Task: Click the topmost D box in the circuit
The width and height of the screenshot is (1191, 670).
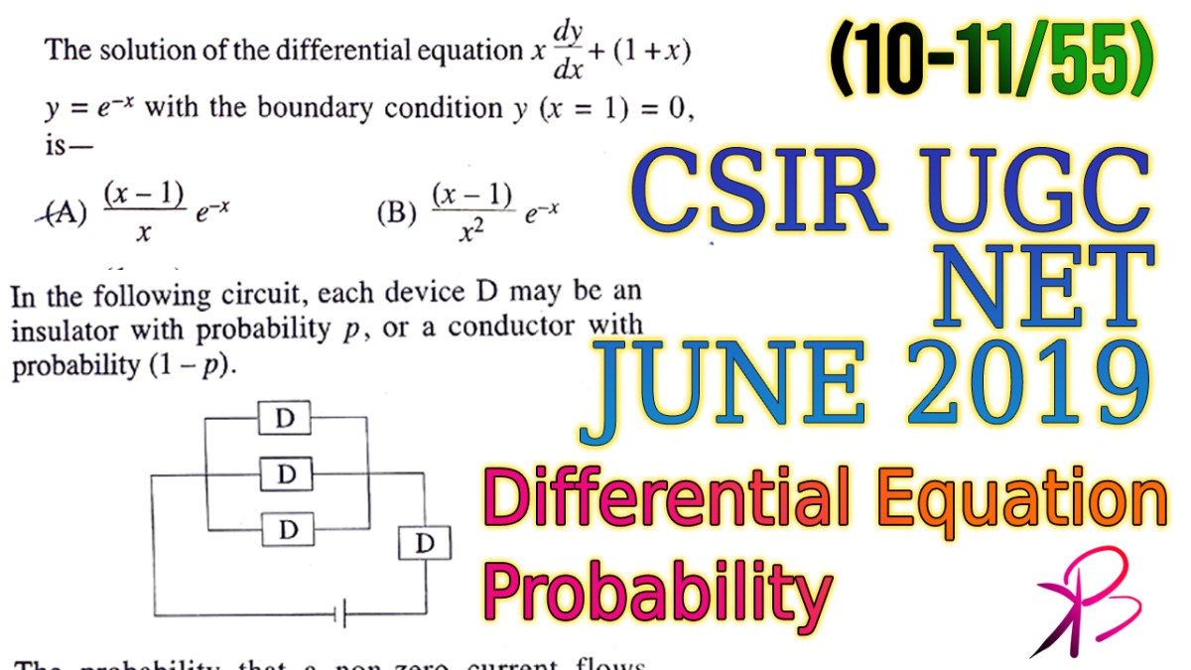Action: coord(286,418)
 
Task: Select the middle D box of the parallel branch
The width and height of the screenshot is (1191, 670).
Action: coord(287,474)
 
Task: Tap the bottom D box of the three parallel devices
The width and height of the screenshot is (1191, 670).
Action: coord(288,529)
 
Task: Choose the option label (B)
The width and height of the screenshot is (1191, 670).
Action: coord(396,211)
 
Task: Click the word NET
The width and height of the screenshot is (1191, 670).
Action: coord(1041,289)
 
